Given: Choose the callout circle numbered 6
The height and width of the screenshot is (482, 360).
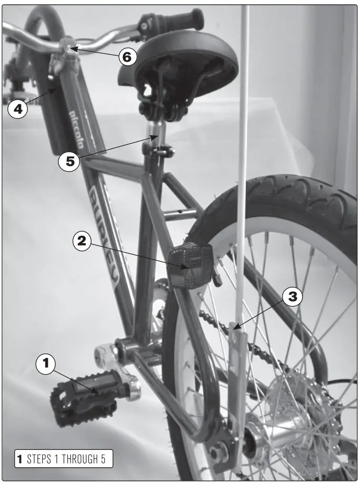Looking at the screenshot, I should pos(127,56).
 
